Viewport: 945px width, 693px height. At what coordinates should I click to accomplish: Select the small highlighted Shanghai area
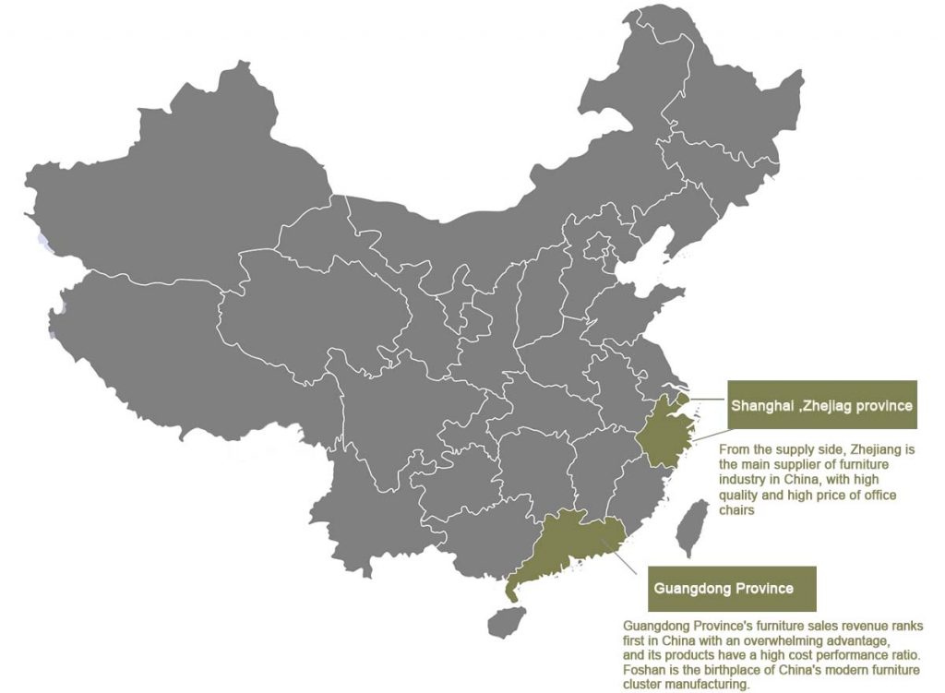click(x=683, y=399)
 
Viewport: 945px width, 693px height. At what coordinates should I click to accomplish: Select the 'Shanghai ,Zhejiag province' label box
click(x=822, y=405)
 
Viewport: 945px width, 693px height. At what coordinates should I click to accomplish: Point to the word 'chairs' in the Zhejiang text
click(x=736, y=510)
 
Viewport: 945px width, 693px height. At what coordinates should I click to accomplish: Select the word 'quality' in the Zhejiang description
click(x=738, y=496)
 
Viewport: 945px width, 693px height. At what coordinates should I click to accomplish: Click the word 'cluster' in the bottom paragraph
click(x=642, y=685)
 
